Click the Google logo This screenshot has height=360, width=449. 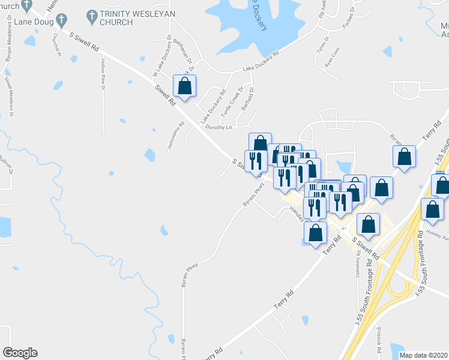click(x=20, y=353)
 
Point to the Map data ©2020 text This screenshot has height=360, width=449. click(x=423, y=355)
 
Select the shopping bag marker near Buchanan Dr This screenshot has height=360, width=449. click(x=184, y=86)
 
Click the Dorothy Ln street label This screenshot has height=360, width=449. click(x=219, y=127)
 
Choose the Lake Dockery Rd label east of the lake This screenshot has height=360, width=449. click(x=261, y=62)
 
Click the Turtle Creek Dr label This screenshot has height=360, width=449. click(x=230, y=103)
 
